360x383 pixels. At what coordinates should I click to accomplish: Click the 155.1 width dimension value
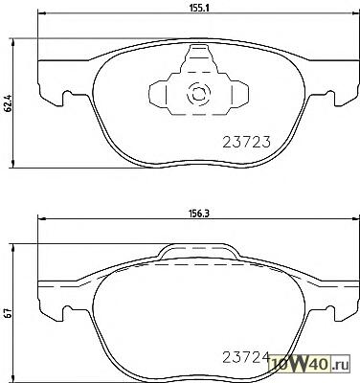(x=200, y=10)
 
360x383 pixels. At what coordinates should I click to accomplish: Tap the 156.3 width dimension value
(x=200, y=214)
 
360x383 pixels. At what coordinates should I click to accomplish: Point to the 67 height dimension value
(x=9, y=313)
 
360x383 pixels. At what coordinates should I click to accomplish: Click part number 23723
(x=246, y=142)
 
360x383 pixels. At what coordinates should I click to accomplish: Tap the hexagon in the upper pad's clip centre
(x=198, y=94)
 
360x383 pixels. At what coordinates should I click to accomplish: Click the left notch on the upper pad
(x=68, y=95)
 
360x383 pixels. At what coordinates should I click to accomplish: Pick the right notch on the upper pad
(x=329, y=95)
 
